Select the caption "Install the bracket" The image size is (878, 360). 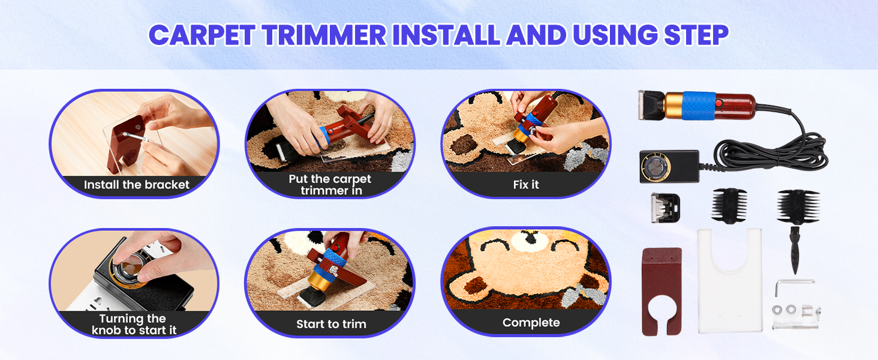(x=137, y=185)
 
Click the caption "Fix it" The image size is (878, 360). (x=526, y=185)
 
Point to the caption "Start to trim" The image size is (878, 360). (x=331, y=324)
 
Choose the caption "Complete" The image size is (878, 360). (x=531, y=323)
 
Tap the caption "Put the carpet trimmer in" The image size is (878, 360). (x=330, y=185)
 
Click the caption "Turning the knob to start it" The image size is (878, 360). (x=134, y=325)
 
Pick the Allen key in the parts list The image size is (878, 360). (x=791, y=286)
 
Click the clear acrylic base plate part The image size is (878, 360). (x=729, y=282)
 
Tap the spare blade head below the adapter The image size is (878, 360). (x=666, y=208)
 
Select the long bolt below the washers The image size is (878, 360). (x=795, y=325)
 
